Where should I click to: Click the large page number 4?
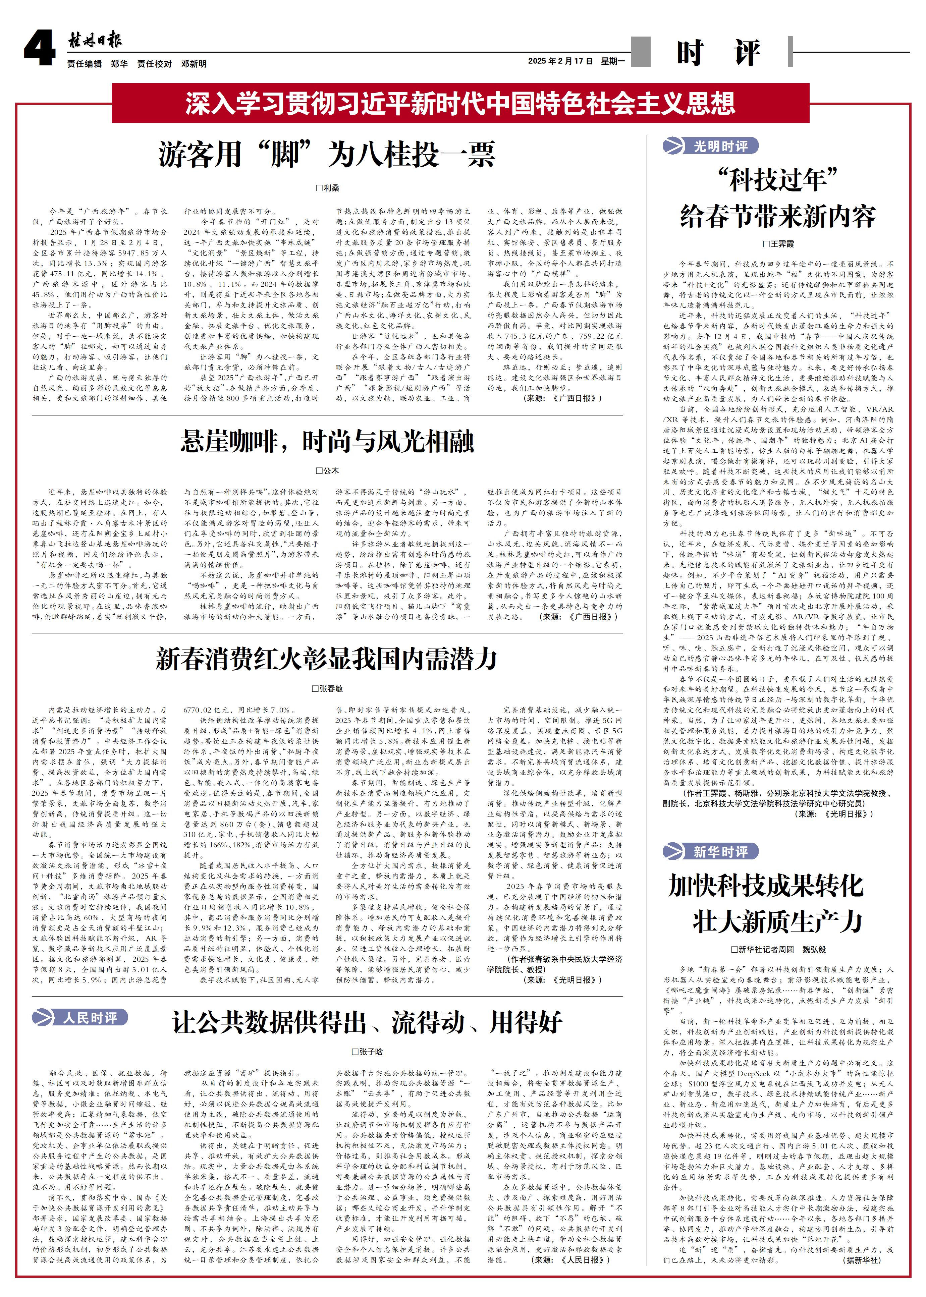tap(39, 49)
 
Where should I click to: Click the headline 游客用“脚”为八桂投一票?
tap(327, 155)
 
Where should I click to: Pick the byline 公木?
tap(328, 471)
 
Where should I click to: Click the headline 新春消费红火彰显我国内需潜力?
tap(327, 659)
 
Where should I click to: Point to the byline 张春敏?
tap(328, 689)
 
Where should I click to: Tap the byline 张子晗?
tap(367, 1052)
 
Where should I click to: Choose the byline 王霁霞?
tap(778, 244)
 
